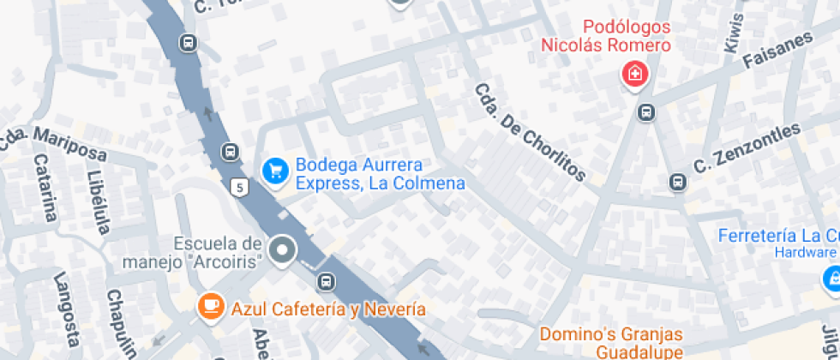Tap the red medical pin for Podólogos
pyautogui.click(x=634, y=75)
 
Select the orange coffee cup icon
pyautogui.click(x=210, y=306)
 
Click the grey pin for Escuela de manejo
pyautogui.click(x=282, y=251)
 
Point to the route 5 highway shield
pyautogui.click(x=239, y=186)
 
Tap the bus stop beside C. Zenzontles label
pyautogui.click(x=677, y=182)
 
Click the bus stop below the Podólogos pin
pyautogui.click(x=646, y=111)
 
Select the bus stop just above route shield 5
pyautogui.click(x=230, y=152)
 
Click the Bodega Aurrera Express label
pyautogui.click(x=380, y=174)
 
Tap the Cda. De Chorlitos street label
pyautogui.click(x=531, y=134)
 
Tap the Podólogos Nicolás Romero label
pyautogui.click(x=605, y=37)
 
